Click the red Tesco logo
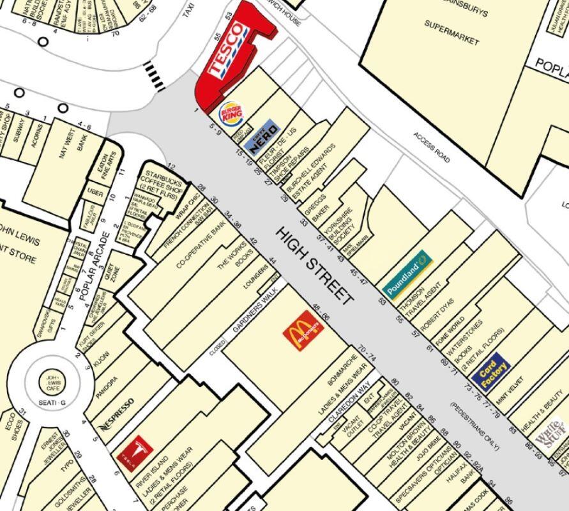[227, 51]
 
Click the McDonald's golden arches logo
[303, 330]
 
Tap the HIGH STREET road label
[314, 264]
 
